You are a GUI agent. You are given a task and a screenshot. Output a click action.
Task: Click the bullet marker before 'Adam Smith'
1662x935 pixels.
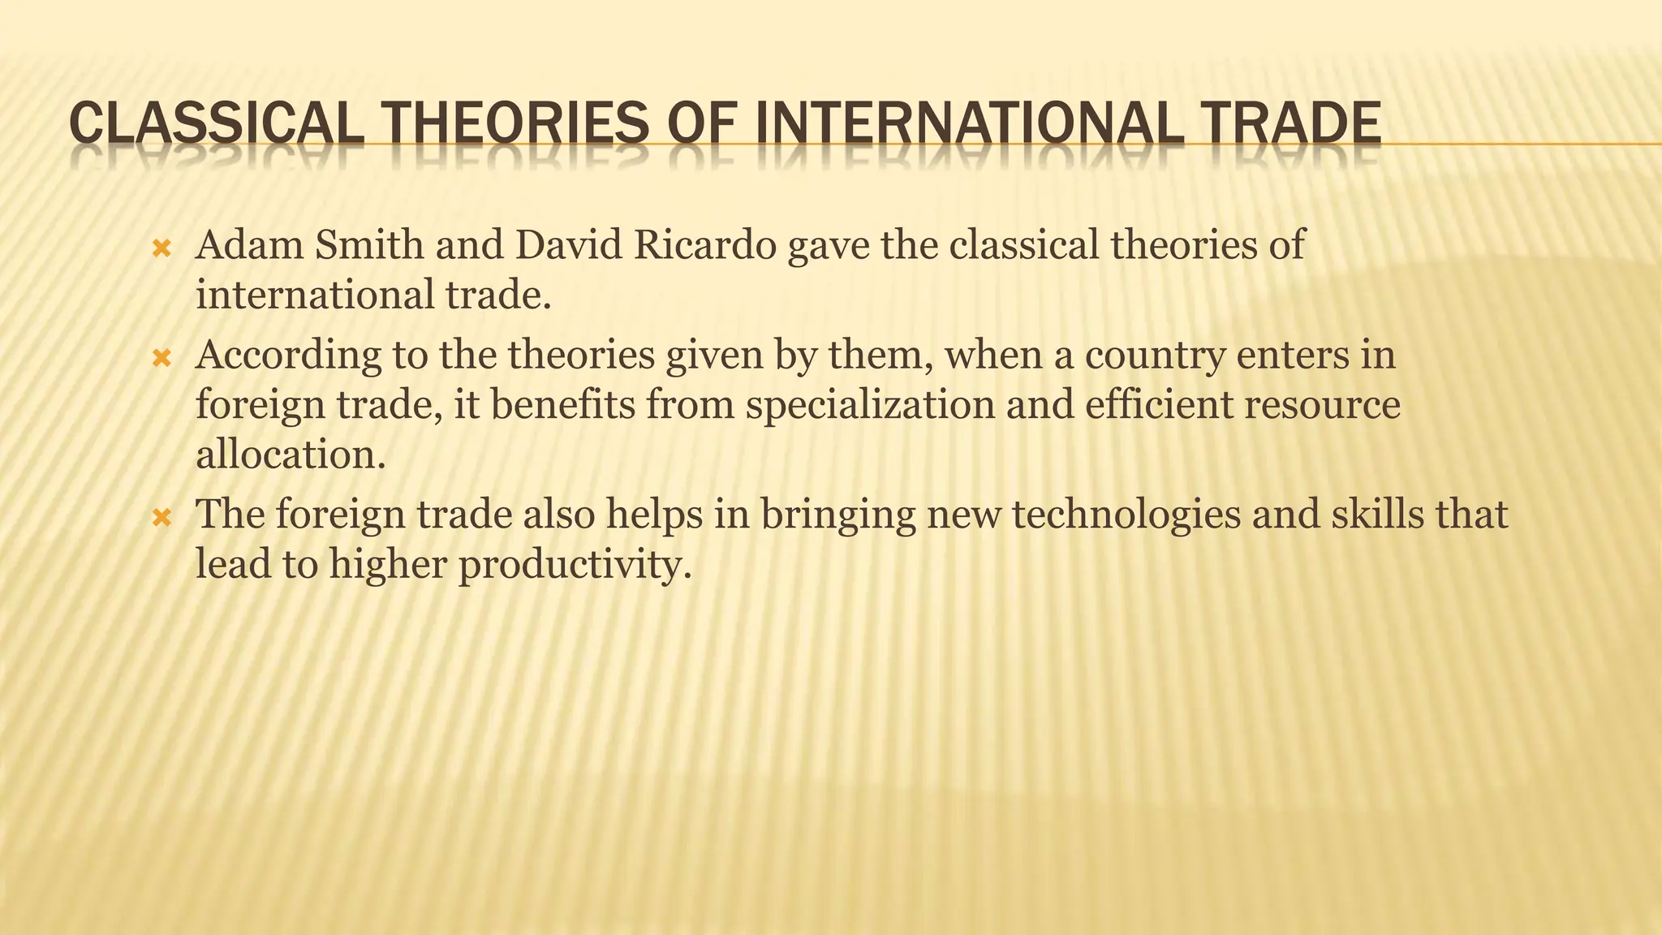tap(161, 248)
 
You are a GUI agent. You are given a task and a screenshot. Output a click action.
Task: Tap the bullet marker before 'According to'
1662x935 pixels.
tap(161, 357)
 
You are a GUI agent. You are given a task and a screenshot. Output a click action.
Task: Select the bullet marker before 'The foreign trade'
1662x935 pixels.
tap(161, 516)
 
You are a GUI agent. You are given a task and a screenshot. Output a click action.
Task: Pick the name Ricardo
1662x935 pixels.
tap(705, 244)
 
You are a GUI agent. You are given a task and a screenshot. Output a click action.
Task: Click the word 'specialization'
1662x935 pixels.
tap(870, 405)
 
